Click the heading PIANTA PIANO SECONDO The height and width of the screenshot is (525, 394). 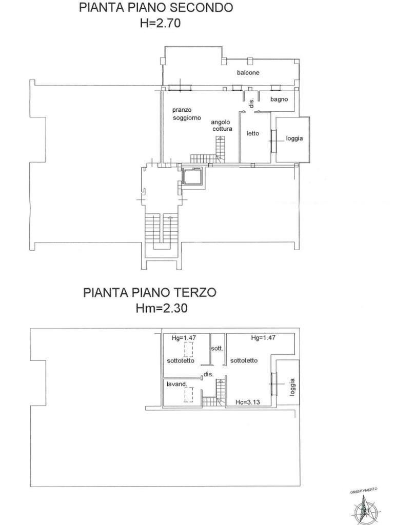[156, 7]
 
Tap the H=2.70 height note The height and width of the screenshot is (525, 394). [160, 23]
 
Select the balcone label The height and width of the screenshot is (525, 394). [248, 72]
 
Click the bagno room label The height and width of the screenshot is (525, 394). [279, 99]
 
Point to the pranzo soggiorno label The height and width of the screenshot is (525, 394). [187, 114]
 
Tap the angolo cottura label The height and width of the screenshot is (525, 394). [222, 126]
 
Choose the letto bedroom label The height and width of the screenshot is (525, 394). [253, 133]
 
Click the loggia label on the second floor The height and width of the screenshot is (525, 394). [294, 138]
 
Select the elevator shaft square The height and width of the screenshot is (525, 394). [192, 176]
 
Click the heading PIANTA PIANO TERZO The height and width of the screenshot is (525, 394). [149, 292]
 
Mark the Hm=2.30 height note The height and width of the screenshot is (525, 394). [162, 308]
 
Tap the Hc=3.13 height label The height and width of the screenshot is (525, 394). [248, 402]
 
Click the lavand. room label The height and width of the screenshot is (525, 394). [176, 384]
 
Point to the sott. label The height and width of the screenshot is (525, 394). [217, 349]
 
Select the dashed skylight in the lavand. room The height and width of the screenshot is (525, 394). [188, 394]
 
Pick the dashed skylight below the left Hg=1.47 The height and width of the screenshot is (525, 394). [188, 350]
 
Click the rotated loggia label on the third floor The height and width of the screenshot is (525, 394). [292, 388]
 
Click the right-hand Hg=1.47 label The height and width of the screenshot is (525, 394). [263, 338]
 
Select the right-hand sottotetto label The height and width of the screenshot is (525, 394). [244, 360]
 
